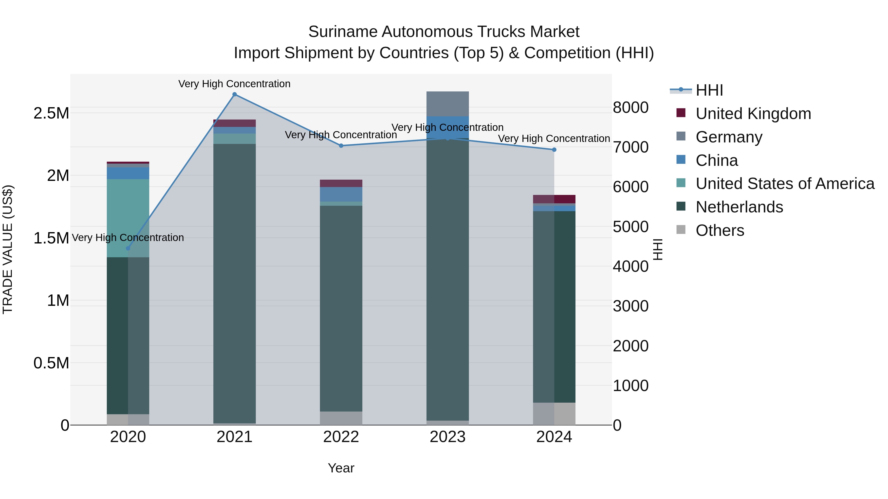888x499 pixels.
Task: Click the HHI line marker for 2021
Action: coord(234,94)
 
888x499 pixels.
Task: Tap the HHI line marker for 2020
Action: coord(128,248)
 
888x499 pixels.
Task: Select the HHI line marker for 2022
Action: coord(341,146)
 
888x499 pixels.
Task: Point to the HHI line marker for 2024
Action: coord(554,150)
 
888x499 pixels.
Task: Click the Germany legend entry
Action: coord(729,137)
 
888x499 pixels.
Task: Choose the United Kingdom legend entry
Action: coord(753,114)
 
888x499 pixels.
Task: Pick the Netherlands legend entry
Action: coord(739,207)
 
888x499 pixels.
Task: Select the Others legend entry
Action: coord(720,230)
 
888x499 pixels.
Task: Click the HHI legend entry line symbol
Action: coord(681,90)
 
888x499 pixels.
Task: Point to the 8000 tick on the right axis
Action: coord(630,107)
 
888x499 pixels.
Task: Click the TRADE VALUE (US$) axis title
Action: coord(8,249)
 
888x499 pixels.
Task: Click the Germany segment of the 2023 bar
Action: coord(447,104)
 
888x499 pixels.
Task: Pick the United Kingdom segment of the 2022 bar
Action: coord(341,183)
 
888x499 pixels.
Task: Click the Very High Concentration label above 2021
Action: coord(234,84)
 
